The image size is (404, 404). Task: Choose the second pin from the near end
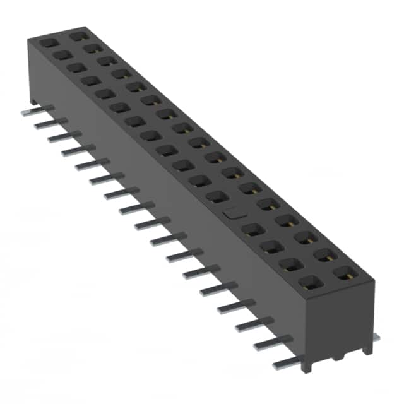[x=270, y=345]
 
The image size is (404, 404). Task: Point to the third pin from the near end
[x=253, y=326]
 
